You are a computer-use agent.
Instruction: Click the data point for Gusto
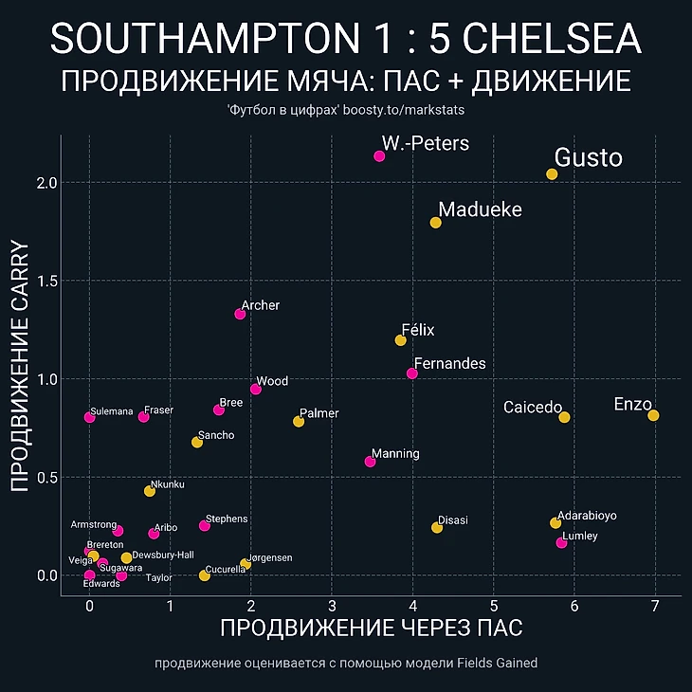552,174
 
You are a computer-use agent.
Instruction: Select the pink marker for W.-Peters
379,155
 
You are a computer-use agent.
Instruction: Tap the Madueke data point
435,223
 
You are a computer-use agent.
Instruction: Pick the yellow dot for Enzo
653,415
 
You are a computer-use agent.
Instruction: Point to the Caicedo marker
564,417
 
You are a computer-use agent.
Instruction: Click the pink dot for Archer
240,314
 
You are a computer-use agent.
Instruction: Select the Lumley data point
561,542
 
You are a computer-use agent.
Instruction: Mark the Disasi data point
437,527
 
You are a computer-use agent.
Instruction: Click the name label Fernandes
450,364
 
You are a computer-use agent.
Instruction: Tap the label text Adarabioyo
587,516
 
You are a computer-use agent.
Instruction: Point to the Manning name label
395,454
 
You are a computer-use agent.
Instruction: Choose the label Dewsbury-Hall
163,555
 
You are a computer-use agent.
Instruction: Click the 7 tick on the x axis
655,606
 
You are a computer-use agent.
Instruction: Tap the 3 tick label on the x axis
332,606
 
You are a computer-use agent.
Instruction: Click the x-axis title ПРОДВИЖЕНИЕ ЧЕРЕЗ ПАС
372,628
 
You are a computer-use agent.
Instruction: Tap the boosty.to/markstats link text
416,111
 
